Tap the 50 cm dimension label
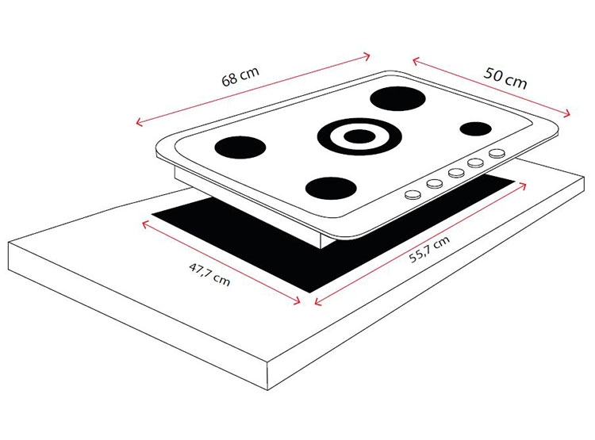coord(505,78)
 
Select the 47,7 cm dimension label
coord(209,274)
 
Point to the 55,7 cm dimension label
coord(429,249)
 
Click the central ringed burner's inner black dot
coord(359,136)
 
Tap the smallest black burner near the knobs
coord(475,128)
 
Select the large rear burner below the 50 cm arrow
coord(397,98)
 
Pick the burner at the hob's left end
coord(240,147)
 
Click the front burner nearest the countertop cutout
coord(331,188)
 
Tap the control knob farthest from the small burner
coord(413,194)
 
